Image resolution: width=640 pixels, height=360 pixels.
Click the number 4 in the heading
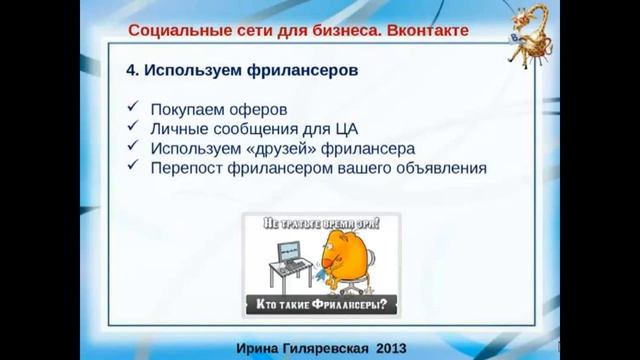click(130, 73)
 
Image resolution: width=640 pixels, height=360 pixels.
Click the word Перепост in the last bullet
click(189, 168)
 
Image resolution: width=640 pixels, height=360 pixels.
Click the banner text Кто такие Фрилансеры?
click(320, 304)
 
